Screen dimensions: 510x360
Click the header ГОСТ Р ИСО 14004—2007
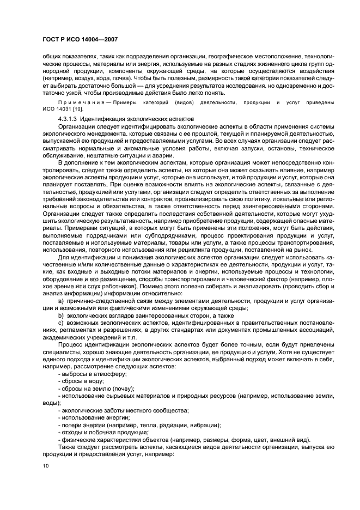[x=80, y=40]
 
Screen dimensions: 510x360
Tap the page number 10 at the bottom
[x=46, y=465]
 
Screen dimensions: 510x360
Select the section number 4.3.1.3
[x=69, y=118]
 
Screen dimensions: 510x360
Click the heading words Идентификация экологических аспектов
[x=136, y=118]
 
